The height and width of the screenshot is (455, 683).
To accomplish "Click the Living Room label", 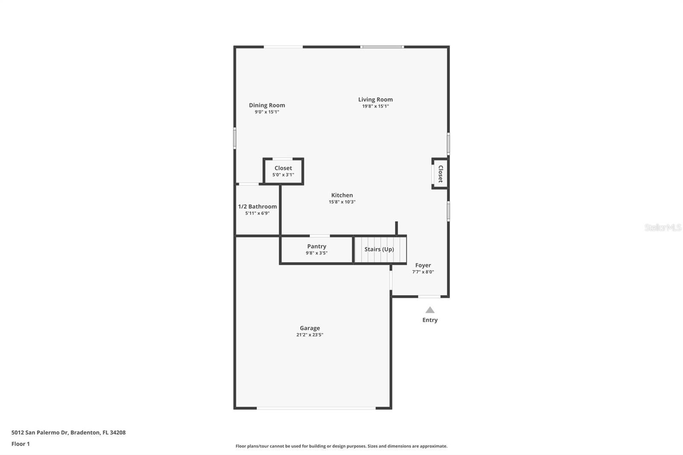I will click(375, 99).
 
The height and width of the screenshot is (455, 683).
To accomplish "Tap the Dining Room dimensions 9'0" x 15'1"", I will click(267, 112).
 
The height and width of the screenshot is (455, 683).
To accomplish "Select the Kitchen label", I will click(342, 195).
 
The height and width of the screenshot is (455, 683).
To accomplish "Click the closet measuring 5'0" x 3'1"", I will click(283, 171).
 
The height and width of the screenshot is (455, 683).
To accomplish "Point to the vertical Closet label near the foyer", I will click(441, 173).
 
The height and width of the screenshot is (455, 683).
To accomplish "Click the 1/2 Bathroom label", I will click(257, 207).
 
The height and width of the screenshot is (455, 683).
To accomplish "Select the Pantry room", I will click(316, 249).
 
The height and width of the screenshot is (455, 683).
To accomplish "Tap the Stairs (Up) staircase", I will click(379, 249).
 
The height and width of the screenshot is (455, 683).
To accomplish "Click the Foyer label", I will click(423, 265).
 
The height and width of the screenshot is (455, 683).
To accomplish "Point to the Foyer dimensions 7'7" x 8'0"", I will click(423, 272).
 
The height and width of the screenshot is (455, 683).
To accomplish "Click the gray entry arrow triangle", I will click(430, 310).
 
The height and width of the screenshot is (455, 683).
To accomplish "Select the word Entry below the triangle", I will click(430, 320).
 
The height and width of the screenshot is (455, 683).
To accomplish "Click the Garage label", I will click(309, 328).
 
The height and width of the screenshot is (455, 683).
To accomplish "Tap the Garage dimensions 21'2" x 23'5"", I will click(309, 335).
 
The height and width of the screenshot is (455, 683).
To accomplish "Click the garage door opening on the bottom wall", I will click(316, 408).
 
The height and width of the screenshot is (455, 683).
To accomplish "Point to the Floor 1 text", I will click(20, 444).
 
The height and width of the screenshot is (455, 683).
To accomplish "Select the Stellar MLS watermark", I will click(663, 227).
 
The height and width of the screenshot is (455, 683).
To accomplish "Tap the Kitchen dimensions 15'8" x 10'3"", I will click(342, 202).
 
